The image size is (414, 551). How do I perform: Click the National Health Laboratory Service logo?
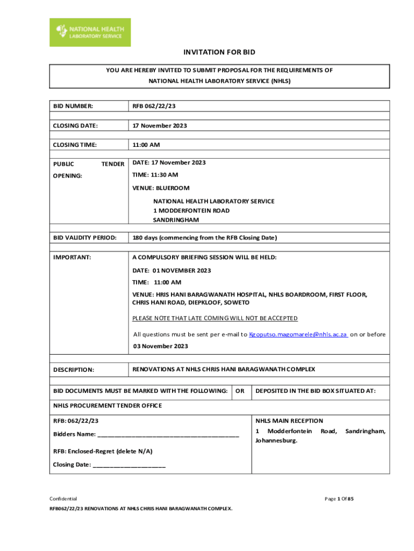(90, 32)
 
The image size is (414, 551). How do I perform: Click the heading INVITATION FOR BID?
(219, 52)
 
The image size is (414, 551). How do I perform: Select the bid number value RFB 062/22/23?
(154, 106)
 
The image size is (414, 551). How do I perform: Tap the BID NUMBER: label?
(73, 106)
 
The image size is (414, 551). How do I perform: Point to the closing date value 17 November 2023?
(160, 125)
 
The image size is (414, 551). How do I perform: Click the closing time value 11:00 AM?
(146, 145)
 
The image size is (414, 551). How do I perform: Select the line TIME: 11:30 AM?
(155, 175)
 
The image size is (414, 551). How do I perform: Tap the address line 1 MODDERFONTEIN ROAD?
(191, 210)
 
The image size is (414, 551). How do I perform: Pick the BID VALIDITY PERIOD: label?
(84, 237)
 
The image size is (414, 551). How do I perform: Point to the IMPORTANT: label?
(72, 257)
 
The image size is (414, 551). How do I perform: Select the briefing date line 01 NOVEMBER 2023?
(172, 270)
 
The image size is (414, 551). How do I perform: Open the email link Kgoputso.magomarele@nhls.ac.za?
(298, 334)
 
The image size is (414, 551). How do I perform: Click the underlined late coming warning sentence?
(215, 318)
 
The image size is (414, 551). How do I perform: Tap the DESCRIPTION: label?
(74, 370)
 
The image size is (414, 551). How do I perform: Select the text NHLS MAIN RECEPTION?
(289, 421)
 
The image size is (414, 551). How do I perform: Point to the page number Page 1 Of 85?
(339, 499)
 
